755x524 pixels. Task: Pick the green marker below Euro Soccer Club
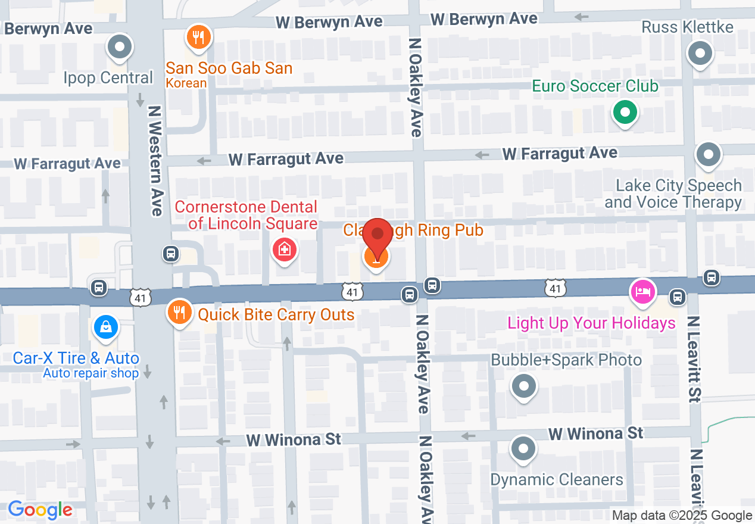[624, 111]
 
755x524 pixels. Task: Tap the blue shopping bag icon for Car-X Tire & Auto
[105, 327]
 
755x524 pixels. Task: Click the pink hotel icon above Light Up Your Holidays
[643, 292]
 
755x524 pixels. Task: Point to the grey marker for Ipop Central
[120, 46]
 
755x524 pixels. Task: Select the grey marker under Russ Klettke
[700, 54]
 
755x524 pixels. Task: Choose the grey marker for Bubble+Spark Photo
[524, 386]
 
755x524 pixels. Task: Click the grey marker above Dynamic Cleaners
[524, 450]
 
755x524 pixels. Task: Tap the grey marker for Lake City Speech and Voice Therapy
[708, 155]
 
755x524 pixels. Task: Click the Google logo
[40, 510]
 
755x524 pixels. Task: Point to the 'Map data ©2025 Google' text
[682, 516]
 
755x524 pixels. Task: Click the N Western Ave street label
[155, 161]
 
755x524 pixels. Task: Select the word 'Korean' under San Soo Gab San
[186, 83]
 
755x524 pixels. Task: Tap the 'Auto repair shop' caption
[91, 373]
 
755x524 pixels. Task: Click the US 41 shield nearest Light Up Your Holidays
[555, 289]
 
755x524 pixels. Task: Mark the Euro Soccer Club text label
[595, 86]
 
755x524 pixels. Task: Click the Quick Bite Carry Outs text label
[276, 314]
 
